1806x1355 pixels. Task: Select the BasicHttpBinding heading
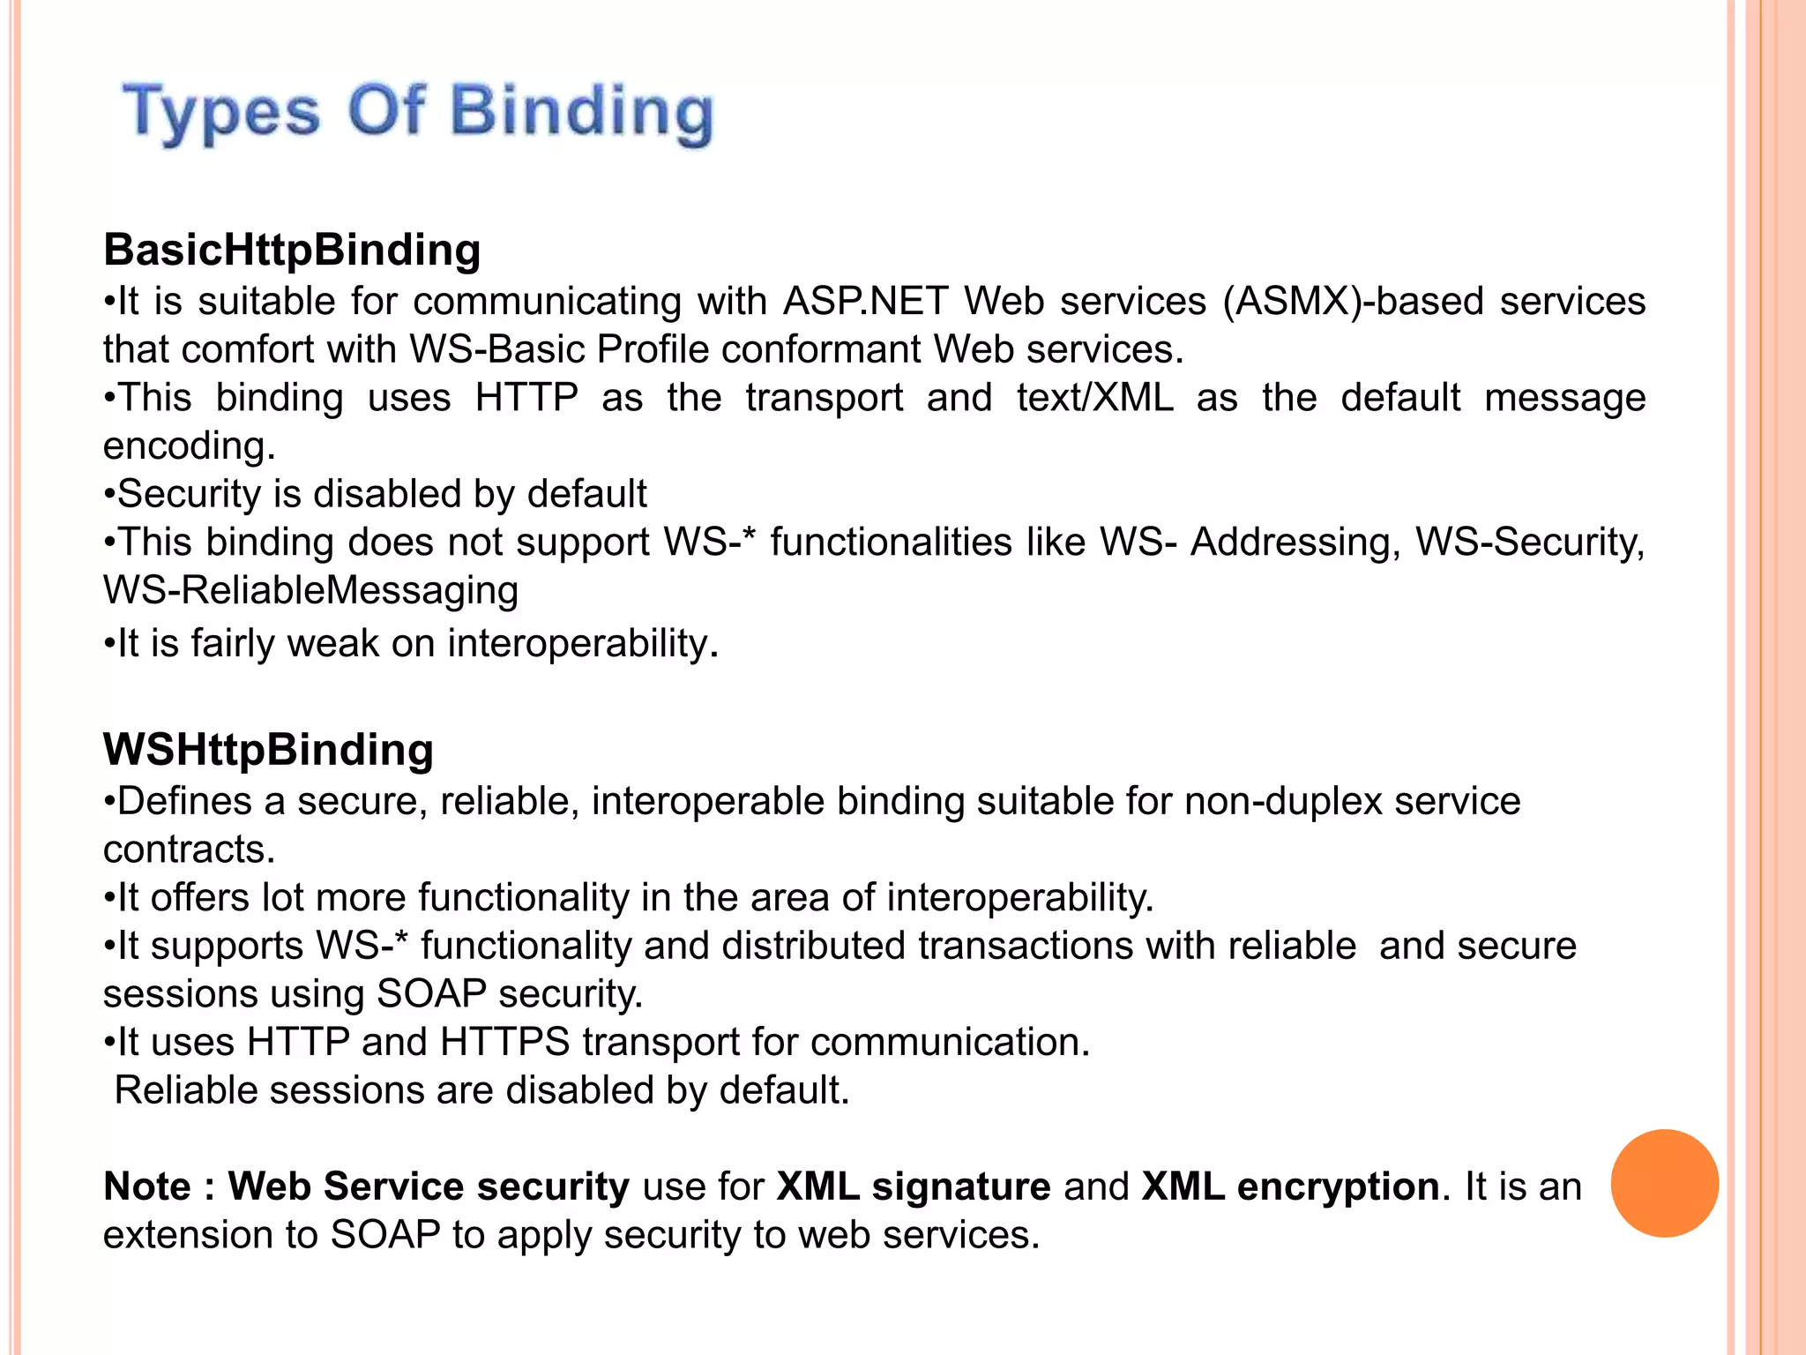(292, 250)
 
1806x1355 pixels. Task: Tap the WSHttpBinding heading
(268, 750)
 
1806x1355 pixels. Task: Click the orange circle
(1664, 1183)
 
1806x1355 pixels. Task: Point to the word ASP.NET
(865, 301)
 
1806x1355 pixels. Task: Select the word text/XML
(1094, 397)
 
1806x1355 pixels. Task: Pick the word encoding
(189, 445)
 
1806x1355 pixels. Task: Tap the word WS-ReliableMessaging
(310, 590)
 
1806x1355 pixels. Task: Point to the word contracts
(189, 850)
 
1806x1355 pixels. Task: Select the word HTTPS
(504, 1042)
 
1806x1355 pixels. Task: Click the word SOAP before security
(431, 994)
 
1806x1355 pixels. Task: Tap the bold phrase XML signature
(913, 1187)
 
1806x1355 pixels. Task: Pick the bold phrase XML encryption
(1290, 1187)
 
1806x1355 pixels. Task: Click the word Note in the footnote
(146, 1187)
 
